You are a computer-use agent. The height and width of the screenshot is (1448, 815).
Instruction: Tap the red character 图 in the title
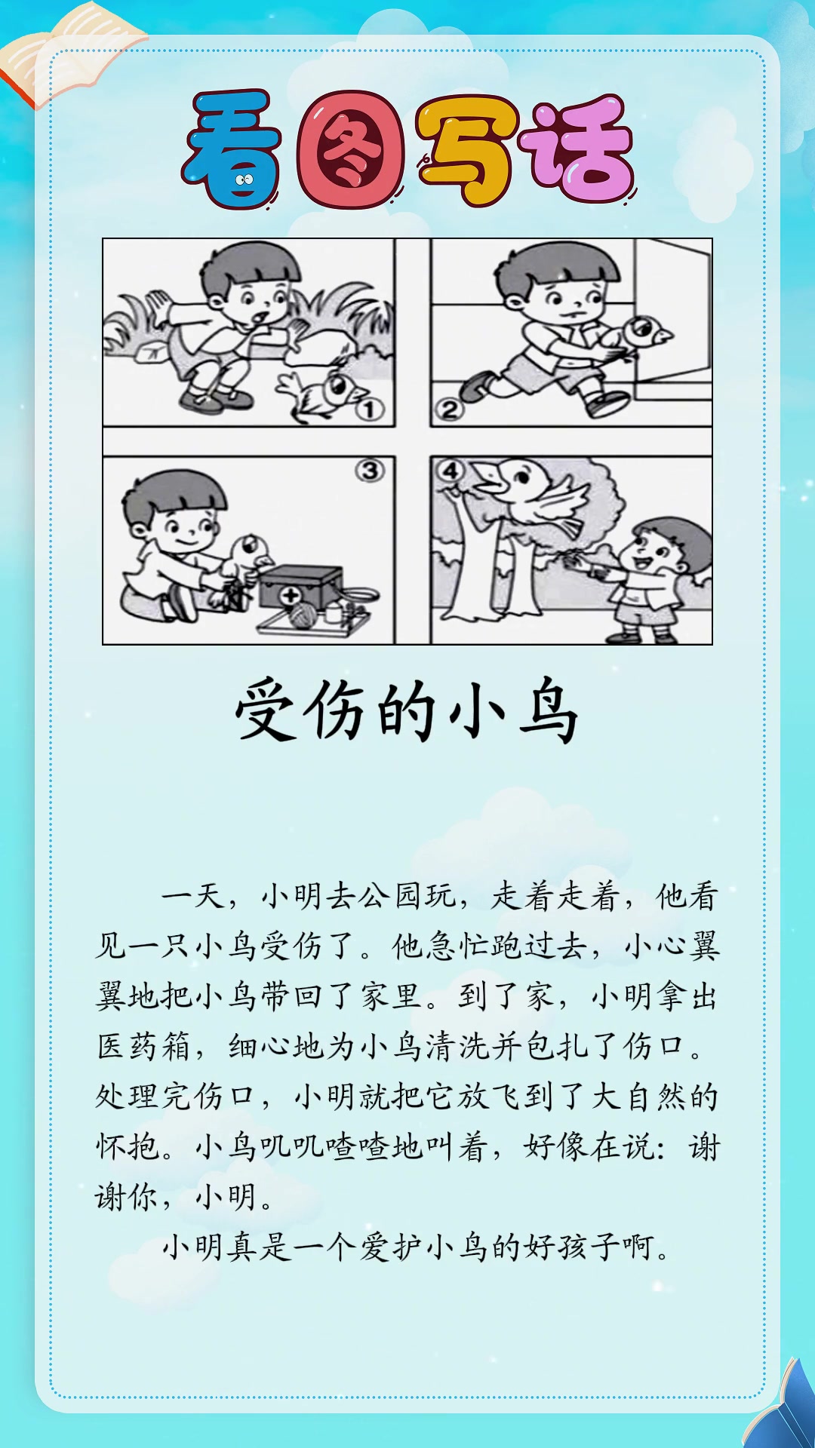tap(349, 149)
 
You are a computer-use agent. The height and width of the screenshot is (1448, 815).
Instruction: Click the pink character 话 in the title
tap(581, 149)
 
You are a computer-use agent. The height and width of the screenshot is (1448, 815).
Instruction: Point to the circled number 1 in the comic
tap(370, 410)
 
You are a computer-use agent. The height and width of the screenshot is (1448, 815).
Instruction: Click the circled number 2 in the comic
tap(449, 410)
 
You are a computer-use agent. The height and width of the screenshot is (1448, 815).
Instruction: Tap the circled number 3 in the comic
tap(370, 471)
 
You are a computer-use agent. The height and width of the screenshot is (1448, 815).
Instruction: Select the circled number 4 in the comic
tap(451, 471)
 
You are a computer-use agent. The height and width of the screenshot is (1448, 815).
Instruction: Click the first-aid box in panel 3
tap(300, 587)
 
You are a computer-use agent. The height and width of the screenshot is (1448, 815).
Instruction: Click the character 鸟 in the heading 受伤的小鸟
tap(549, 711)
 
